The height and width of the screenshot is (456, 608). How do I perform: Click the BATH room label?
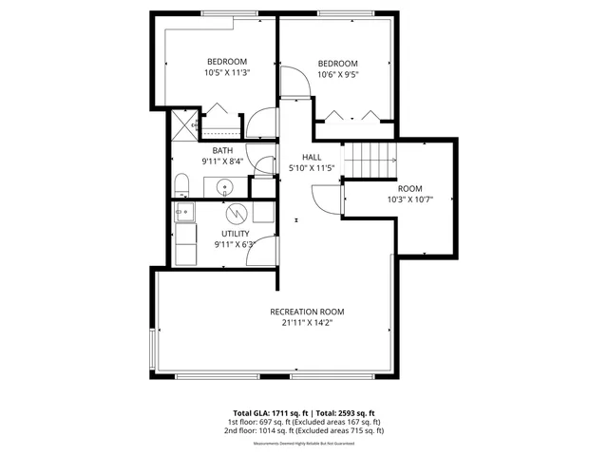(222, 150)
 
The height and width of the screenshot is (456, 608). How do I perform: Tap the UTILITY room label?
(236, 233)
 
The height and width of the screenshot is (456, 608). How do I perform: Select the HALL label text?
(312, 157)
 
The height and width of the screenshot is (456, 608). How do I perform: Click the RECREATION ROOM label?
(307, 312)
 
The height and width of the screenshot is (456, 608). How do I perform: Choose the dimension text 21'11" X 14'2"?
(307, 323)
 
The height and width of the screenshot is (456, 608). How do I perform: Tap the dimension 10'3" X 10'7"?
(409, 199)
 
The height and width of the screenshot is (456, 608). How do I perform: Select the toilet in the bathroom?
(181, 184)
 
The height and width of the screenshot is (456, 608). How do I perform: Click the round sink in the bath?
(226, 185)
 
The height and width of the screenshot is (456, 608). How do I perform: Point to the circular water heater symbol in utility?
(236, 213)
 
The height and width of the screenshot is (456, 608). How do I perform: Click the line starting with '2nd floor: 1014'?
(304, 430)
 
